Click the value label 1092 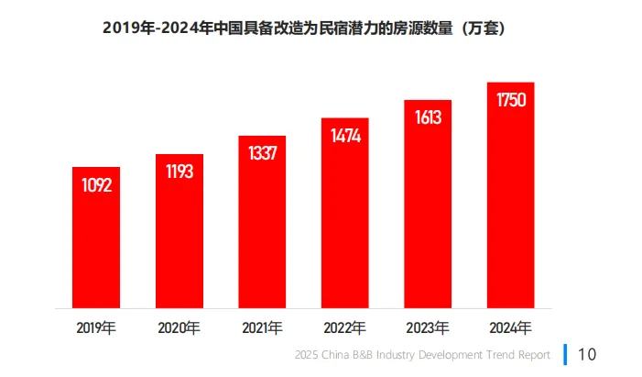(x=96, y=185)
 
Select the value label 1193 (x=179, y=172)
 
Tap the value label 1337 (x=262, y=153)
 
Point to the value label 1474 (x=344, y=136)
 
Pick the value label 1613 (x=428, y=117)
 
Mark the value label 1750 (x=510, y=100)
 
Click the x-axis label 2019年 (x=96, y=327)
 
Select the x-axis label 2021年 (x=262, y=327)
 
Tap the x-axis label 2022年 (x=344, y=327)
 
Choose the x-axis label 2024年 (x=510, y=327)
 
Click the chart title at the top (x=304, y=29)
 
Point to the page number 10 (x=587, y=354)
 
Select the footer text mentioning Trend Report (x=423, y=355)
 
